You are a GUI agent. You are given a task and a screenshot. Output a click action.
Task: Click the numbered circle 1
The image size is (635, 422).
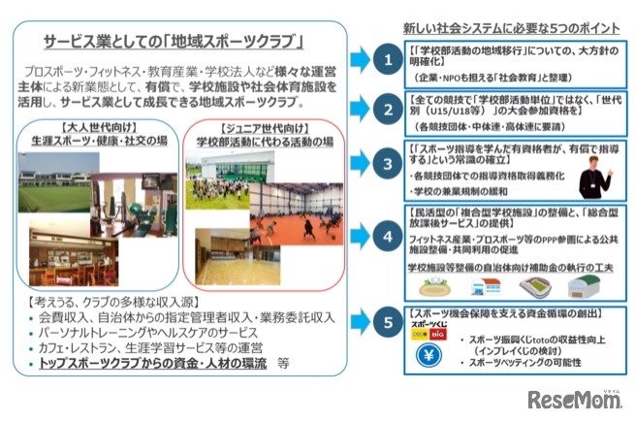(x=388, y=60)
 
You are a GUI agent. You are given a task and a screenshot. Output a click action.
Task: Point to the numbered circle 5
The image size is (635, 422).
(x=388, y=319)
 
